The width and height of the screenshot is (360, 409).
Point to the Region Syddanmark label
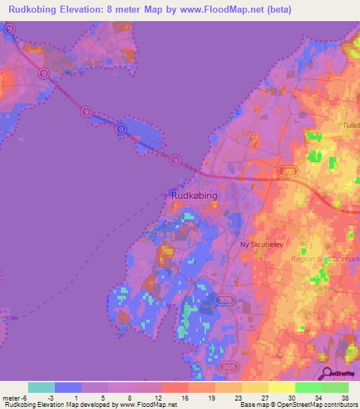(x=324, y=259)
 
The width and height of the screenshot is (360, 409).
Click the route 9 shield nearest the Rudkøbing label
(x=175, y=161)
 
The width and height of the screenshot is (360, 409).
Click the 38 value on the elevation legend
(x=344, y=398)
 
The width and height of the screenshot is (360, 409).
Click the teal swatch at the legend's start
(x=41, y=387)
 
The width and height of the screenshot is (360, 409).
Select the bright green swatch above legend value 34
(x=308, y=387)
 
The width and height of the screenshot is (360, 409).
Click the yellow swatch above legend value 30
(x=281, y=387)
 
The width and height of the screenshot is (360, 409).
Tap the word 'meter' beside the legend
(x=12, y=398)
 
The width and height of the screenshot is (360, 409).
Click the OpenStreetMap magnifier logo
(x=326, y=375)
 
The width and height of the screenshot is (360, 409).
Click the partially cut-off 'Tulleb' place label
(x=349, y=126)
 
